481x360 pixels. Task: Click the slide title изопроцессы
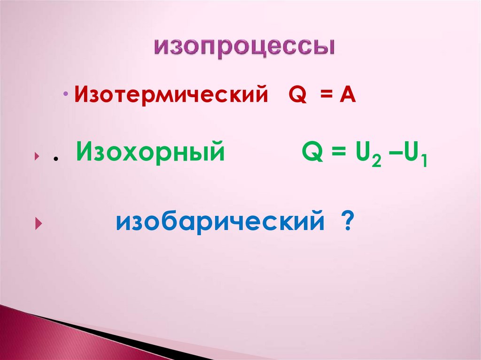pos(245,48)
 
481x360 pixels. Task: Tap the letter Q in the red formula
pos(297,95)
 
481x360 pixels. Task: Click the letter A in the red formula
pos(348,95)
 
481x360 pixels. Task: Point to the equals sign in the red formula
pos(326,96)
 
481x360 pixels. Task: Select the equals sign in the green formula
pos(336,154)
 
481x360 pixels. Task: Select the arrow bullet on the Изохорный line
pos(36,158)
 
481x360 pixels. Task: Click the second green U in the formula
pos(410,153)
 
